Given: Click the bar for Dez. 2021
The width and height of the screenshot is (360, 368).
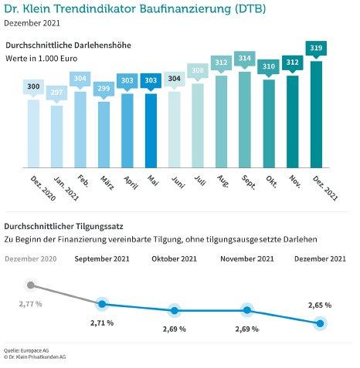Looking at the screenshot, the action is point(316,114).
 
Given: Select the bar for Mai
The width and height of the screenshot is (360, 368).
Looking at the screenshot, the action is point(151,130).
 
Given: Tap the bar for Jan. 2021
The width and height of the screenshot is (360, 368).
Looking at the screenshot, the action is point(56,137).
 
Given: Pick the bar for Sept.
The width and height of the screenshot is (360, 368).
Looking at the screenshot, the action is point(245,120).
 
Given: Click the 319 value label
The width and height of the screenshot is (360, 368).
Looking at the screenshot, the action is point(316,48).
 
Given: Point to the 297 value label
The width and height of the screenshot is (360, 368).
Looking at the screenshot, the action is point(56,93).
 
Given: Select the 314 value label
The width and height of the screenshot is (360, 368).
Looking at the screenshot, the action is point(245,59).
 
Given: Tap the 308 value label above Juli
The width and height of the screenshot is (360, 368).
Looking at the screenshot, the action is point(198,70).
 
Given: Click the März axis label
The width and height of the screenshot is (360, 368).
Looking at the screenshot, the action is point(107,183).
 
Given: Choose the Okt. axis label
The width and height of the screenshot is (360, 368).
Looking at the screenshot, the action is point(271,181).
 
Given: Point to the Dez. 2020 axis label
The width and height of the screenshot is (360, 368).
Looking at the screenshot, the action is point(43,188).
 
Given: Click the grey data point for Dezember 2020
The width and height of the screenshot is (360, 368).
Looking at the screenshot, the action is point(31,285).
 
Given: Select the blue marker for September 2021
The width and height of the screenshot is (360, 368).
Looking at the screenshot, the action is point(102,304).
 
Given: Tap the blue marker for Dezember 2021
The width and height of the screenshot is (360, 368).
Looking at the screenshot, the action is point(320,323).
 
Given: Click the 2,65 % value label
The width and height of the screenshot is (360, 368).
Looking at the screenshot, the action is point(320,306).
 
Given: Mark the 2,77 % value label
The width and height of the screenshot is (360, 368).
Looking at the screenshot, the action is point(30,304).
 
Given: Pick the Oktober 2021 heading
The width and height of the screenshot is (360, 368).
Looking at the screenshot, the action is point(174,258).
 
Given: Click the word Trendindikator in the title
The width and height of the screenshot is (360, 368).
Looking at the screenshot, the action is point(96,8).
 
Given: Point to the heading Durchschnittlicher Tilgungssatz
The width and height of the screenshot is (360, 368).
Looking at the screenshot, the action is point(63,227).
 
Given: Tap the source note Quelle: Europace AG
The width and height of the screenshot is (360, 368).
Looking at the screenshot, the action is point(26,350).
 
